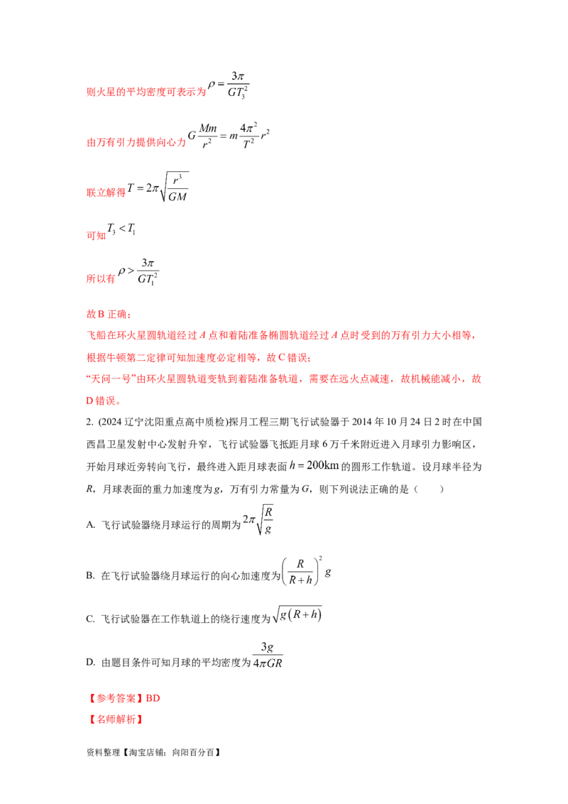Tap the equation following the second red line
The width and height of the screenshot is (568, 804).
(x=227, y=135)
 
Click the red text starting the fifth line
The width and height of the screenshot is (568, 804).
(x=100, y=279)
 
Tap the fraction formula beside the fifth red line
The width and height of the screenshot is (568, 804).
(x=139, y=273)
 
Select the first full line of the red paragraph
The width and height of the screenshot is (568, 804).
(x=281, y=335)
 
